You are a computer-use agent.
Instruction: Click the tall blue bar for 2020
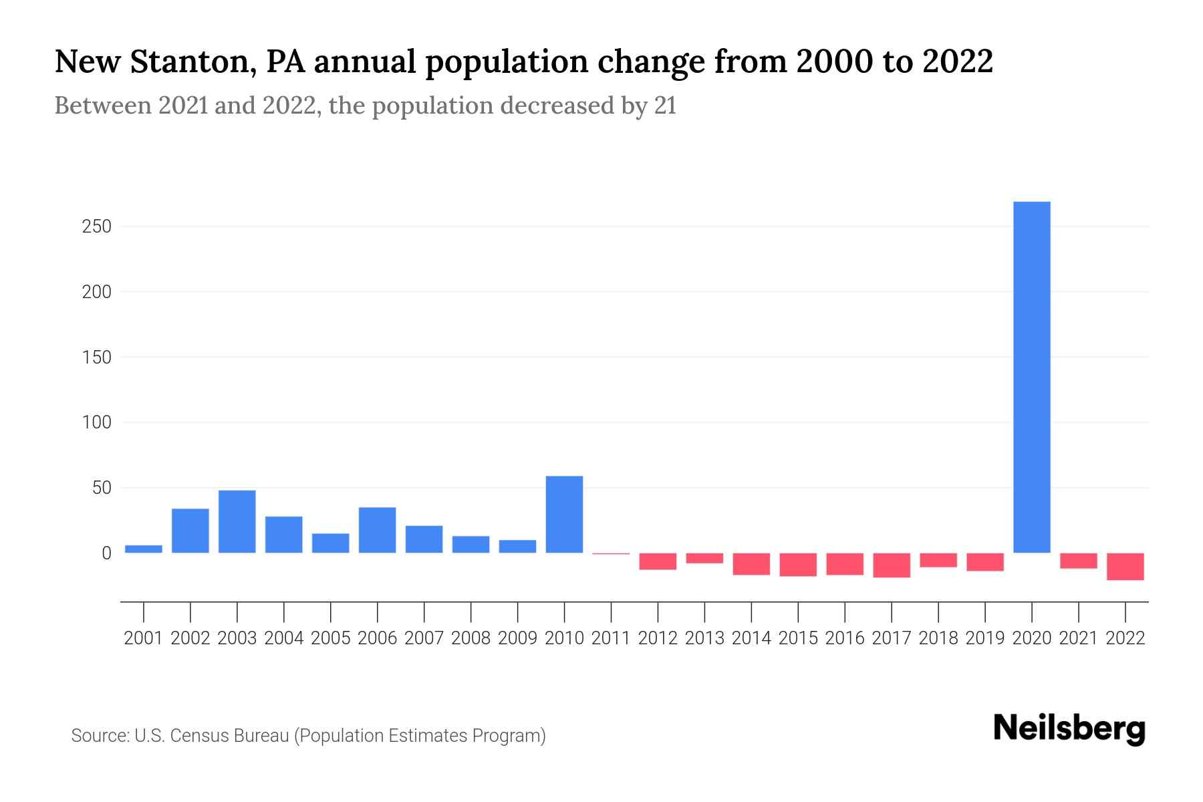1031,377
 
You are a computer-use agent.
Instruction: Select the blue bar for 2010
564,514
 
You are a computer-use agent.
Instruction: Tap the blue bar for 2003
237,521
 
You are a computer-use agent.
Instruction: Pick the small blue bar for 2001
144,549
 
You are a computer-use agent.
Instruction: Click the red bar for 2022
1125,566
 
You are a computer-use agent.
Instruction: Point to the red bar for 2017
892,565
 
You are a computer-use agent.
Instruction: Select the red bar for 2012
658,561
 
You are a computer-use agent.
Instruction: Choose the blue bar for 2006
377,530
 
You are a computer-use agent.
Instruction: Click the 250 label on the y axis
96,227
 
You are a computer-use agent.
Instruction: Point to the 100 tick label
96,422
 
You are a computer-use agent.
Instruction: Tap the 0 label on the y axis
106,553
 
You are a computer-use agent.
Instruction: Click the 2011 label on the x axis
611,638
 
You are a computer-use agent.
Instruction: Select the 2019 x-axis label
984,638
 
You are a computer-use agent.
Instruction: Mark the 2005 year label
330,638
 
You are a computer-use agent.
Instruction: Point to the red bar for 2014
751,563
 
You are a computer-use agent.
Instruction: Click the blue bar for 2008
471,544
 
